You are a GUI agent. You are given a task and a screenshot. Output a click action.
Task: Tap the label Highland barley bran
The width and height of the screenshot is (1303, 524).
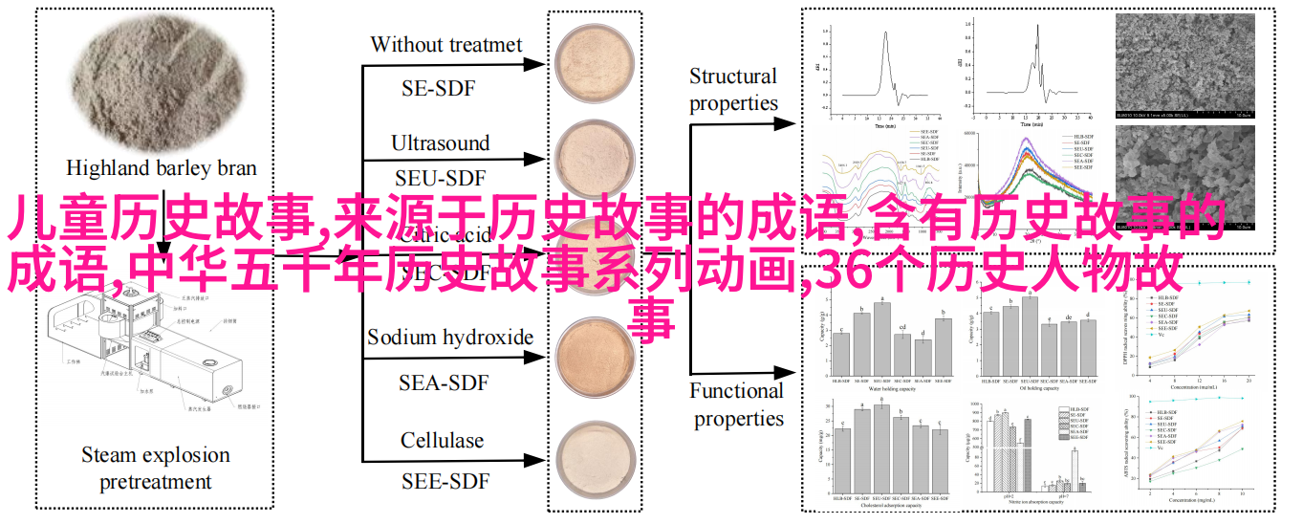coord(162,168)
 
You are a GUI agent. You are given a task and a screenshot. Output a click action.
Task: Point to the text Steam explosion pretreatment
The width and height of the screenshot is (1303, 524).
coord(156,468)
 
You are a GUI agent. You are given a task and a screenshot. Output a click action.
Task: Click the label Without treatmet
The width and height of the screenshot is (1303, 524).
coord(446,45)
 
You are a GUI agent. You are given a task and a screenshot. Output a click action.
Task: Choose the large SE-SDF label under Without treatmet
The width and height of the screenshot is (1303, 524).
coord(439,89)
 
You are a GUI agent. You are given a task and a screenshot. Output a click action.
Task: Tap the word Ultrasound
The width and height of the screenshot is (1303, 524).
coord(440,143)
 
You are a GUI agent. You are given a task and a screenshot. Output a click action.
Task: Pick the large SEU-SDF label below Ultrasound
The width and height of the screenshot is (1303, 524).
coord(440,178)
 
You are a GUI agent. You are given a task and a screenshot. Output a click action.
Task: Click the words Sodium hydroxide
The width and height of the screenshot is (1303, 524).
coord(450,337)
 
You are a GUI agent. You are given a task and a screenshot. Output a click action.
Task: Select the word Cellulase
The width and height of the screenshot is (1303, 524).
coord(442,441)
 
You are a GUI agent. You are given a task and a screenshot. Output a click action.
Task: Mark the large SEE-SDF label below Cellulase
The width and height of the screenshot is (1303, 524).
coord(443,479)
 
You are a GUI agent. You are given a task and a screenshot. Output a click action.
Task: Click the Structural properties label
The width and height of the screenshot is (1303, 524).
coord(733,90)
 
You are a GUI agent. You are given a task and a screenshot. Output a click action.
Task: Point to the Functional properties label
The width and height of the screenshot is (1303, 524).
coord(736,404)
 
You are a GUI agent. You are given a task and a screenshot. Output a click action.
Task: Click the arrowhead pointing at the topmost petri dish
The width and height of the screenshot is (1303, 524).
coord(541,65)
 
